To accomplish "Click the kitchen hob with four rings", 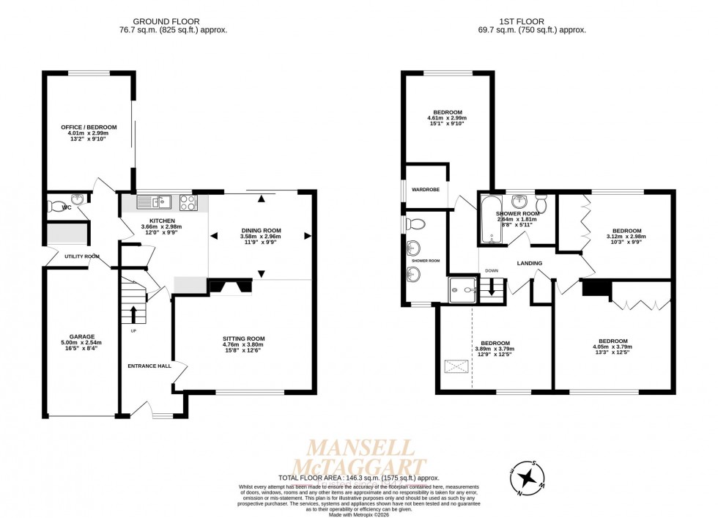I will click(187, 201).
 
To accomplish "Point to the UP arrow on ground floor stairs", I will click(133, 314).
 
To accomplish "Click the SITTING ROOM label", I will click(243, 338).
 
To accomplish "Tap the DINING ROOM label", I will click(261, 230).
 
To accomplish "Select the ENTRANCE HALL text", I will click(148, 366).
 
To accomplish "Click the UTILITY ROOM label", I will click(81, 256).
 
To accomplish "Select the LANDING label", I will click(529, 263).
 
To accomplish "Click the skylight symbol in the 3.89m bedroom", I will click(455, 364).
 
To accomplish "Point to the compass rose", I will click(526, 477).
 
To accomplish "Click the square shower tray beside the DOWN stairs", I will click(462, 289).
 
